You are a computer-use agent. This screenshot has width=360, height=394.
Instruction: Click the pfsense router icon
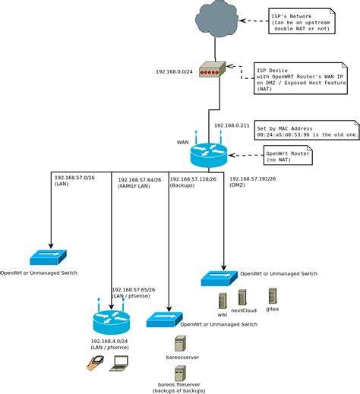tap(112, 322)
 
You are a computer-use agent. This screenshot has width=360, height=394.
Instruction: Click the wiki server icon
tap(223, 300)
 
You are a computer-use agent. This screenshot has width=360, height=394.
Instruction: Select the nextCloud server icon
tap(242, 297)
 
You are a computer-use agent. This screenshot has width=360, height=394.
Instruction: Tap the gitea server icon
tap(272, 295)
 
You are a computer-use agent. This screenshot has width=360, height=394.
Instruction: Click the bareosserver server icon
tap(180, 342)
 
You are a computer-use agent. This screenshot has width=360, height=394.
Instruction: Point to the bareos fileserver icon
tap(180, 373)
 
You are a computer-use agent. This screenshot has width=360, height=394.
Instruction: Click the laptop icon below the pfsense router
tap(119, 364)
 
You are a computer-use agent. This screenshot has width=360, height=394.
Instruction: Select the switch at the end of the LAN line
tap(49, 257)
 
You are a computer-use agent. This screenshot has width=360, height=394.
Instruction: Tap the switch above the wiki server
tap(219, 278)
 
